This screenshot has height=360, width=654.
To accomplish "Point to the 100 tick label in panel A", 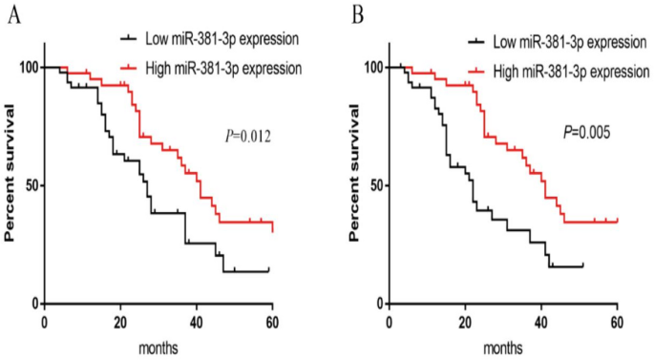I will [27, 67].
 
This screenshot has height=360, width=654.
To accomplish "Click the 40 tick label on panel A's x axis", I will [197, 321].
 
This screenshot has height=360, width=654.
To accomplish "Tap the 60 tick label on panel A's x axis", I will [272, 321].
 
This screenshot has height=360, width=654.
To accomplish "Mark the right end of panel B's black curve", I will [581, 265].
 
